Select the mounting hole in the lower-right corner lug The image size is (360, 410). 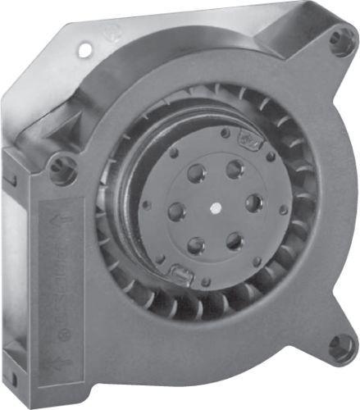pyautogui.click(x=339, y=347)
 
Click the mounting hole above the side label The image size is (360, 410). pyautogui.click(x=62, y=170)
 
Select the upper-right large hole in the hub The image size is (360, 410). pyautogui.click(x=235, y=169)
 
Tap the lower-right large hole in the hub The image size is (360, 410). pyautogui.click(x=235, y=240)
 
